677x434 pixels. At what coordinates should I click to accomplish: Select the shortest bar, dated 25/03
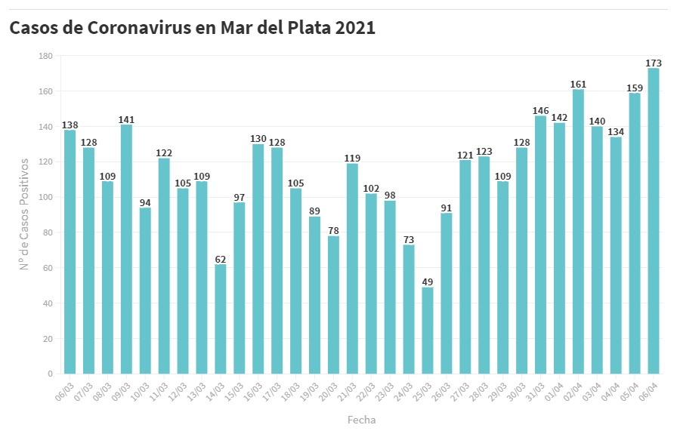tap(428, 331)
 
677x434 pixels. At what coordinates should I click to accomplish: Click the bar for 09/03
tap(126, 249)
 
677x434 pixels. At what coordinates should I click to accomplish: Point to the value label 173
tap(654, 63)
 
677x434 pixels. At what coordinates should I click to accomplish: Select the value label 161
tap(578, 84)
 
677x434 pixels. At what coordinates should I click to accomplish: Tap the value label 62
tap(221, 259)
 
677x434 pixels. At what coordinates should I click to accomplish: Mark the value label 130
tap(258, 139)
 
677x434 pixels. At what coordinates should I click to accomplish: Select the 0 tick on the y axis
tap(49, 374)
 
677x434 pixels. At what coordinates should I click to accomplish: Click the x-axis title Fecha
tap(361, 420)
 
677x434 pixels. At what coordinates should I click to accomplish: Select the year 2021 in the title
tap(352, 28)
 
